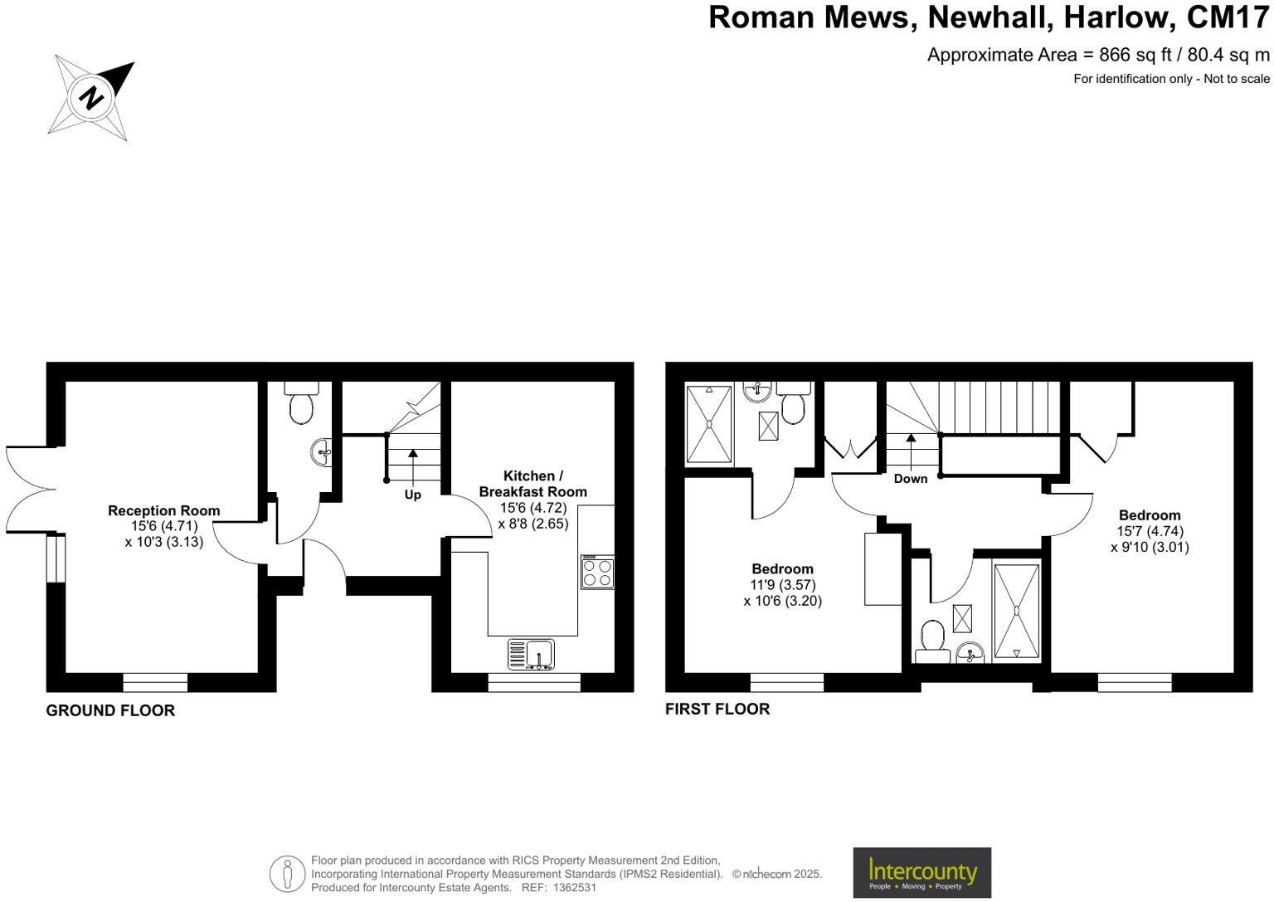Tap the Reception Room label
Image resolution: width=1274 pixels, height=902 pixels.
pyautogui.click(x=164, y=511)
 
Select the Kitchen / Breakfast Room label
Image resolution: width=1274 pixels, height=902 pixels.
pyautogui.click(x=533, y=484)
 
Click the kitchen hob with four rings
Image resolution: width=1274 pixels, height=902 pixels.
pyautogui.click(x=597, y=572)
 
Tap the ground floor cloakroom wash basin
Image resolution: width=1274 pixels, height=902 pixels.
pyautogui.click(x=323, y=452)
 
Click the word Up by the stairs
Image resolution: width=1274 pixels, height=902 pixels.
pyautogui.click(x=412, y=495)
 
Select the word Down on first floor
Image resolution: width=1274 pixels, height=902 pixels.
pyautogui.click(x=911, y=479)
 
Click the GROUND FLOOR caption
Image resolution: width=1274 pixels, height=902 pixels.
pyautogui.click(x=110, y=711)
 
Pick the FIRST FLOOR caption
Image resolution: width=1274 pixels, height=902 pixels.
pyautogui.click(x=717, y=709)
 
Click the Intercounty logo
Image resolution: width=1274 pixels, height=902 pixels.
pyautogui.click(x=921, y=872)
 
